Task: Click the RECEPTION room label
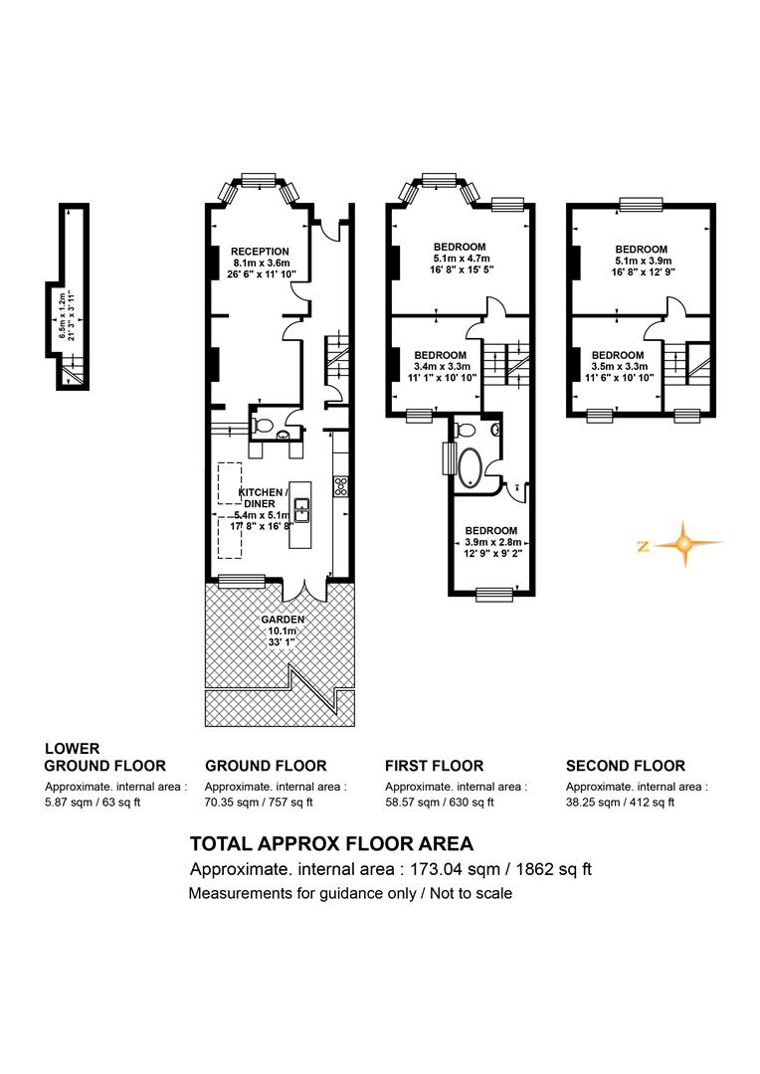tap(260, 252)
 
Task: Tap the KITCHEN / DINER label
tap(264, 498)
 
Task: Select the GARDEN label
tap(283, 620)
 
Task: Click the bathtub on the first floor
tap(471, 467)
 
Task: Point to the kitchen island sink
tap(301, 509)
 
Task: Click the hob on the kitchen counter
tap(340, 486)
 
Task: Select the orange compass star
tap(683, 545)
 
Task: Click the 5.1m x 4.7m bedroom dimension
tap(462, 259)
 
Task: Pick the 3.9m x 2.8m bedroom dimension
tap(491, 542)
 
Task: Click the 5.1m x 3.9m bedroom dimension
tap(642, 261)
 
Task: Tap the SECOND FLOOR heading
tap(625, 766)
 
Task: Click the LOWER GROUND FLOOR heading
tap(104, 758)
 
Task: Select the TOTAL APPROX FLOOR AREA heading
tap(331, 844)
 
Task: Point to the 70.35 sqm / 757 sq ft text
tap(259, 803)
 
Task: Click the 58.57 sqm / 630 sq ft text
tap(440, 803)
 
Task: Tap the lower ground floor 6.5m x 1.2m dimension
tap(66, 316)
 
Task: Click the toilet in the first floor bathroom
tap(466, 430)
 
